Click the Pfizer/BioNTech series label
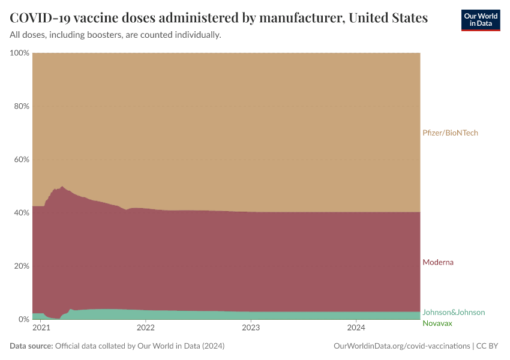coord(450,133)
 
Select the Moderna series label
coord(438,262)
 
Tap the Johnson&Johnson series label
coord(454,312)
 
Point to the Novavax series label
coord(437,323)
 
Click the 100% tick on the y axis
coord(20,53)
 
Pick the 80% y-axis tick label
coord(22,106)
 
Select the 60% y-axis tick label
coord(22,160)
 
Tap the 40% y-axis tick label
coord(22,212)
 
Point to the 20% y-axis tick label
coord(22,266)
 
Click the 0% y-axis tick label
coord(24,319)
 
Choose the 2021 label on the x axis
coord(41,328)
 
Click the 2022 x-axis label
coord(146,328)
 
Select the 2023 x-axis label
coord(251,328)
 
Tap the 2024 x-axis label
coord(356,328)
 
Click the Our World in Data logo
coord(481,20)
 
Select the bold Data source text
coord(31,346)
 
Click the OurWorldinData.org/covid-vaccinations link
coord(401,346)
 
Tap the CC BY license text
coord(487,346)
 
